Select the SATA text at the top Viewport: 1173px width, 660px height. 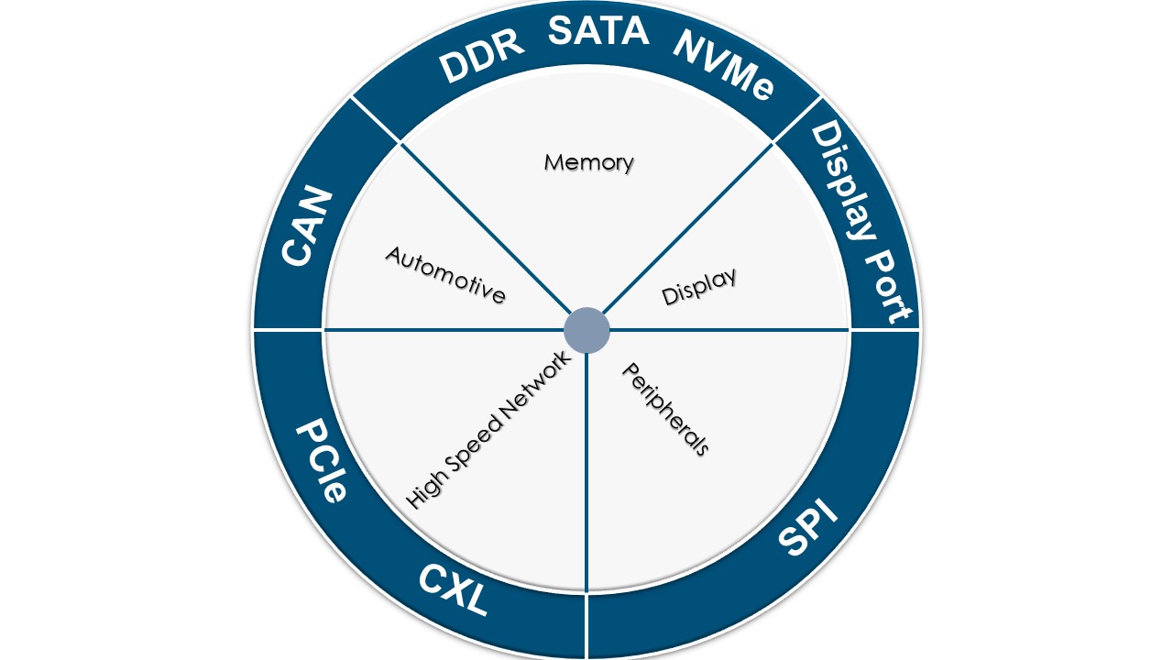coord(598,31)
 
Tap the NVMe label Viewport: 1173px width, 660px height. coord(724,64)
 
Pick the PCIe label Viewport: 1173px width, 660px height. coord(321,462)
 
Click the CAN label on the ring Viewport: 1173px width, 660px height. coord(306,226)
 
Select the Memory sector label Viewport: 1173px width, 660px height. coord(589,162)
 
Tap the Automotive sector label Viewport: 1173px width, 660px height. coord(445,274)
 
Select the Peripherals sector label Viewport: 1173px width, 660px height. coord(666,409)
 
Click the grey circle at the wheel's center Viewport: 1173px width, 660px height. coord(586,330)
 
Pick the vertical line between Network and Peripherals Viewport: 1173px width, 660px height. coord(586,477)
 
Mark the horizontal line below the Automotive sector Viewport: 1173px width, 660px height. coord(440,329)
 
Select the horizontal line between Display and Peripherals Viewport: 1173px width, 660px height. coord(733,329)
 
